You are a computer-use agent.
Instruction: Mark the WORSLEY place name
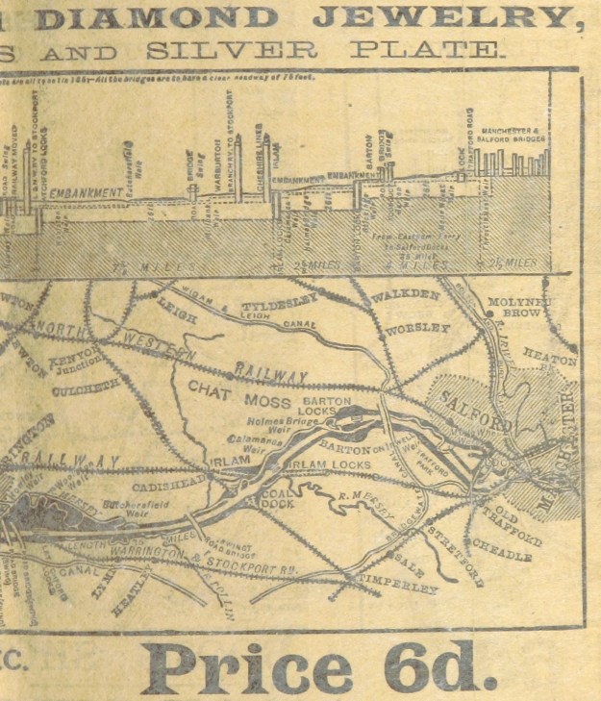pyautogui.click(x=416, y=330)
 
